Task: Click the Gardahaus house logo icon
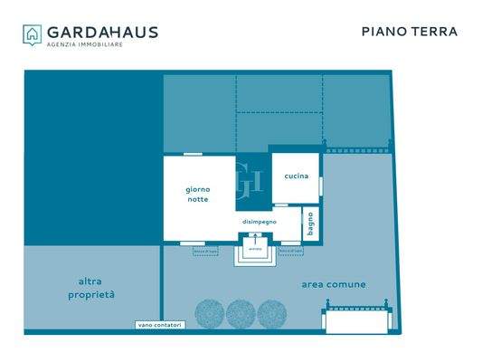33,34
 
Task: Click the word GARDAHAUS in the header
102,32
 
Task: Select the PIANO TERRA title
410,32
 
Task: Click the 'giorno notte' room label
198,194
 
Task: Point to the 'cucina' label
297,176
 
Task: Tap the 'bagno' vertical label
311,224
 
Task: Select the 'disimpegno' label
260,222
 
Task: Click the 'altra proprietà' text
90,288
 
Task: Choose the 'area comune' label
334,284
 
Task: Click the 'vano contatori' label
159,325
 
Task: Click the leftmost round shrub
210,313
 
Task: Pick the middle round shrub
241,313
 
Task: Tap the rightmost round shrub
271,313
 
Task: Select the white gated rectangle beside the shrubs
358,320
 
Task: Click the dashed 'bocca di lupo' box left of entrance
206,250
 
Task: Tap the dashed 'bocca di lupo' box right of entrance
290,250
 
